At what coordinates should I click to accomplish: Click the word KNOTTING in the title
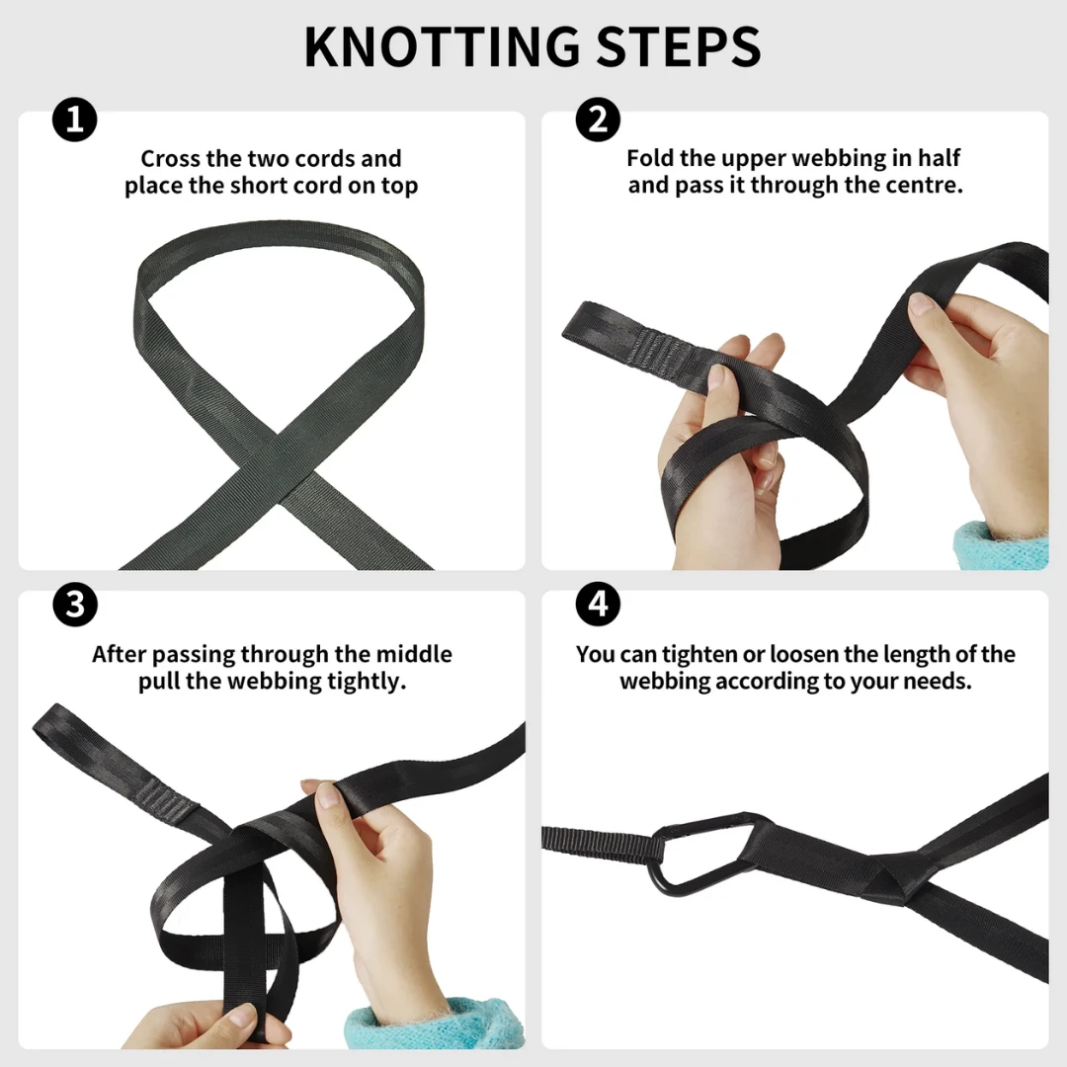point(442,46)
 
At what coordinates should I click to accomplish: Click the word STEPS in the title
point(679,46)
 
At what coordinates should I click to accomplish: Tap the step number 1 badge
point(75,120)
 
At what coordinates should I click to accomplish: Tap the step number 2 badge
point(598,120)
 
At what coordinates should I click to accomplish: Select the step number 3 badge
point(75,605)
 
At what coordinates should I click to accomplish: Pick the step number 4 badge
point(598,605)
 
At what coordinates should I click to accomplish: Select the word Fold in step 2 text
point(650,158)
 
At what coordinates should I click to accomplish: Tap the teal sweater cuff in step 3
point(436,1024)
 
